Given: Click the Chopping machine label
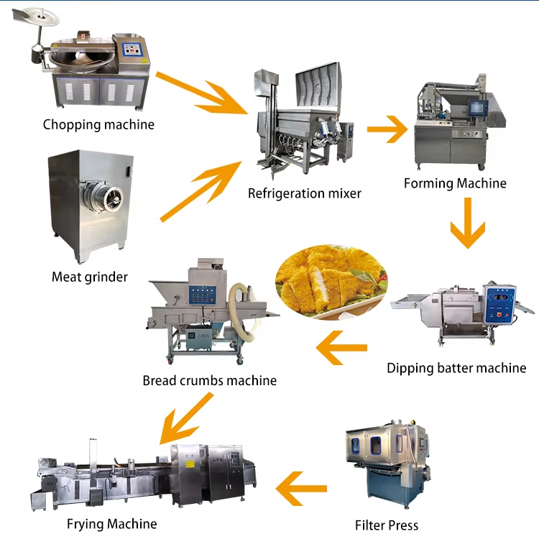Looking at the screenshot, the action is click(x=98, y=125).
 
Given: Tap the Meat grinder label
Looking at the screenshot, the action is click(x=90, y=277).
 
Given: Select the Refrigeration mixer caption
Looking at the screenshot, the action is click(x=305, y=193).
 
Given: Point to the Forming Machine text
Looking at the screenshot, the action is click(x=455, y=183).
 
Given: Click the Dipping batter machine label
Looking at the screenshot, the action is click(x=456, y=368).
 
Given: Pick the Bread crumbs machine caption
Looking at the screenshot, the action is click(x=210, y=380).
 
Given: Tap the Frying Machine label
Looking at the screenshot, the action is click(x=111, y=524).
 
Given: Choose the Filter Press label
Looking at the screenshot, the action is click(x=387, y=525).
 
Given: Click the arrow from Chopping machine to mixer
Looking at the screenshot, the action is click(x=202, y=93).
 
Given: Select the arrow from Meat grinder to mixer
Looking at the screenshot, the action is click(x=201, y=191).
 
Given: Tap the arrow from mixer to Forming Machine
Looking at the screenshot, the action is click(x=387, y=129).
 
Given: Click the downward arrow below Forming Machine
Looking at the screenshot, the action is click(x=468, y=223).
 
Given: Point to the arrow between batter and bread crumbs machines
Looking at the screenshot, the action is click(x=341, y=348).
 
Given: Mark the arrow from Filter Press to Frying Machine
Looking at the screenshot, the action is click(x=301, y=489).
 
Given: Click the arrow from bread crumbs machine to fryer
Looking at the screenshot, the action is click(x=186, y=418).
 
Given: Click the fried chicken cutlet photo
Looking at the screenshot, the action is click(x=332, y=282).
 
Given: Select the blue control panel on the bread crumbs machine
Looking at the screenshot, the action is click(x=203, y=295).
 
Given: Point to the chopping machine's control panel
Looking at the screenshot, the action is click(x=132, y=50).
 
